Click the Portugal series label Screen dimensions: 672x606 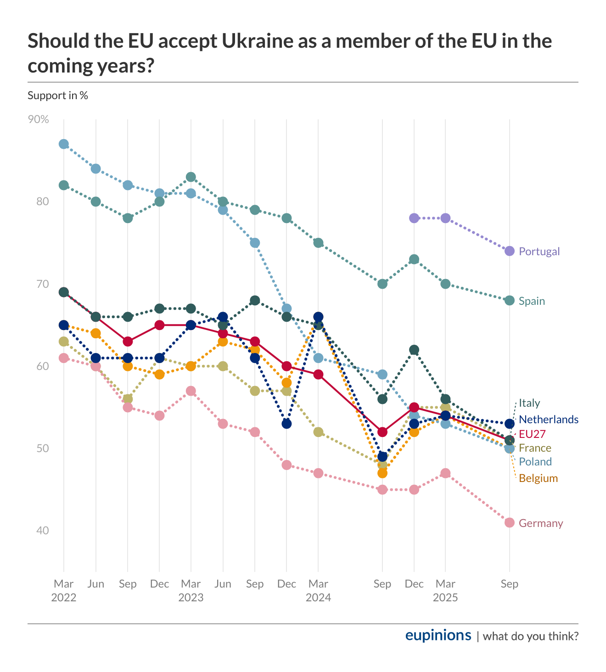tap(539, 252)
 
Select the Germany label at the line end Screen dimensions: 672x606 tap(540, 523)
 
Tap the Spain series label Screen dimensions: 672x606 tap(532, 301)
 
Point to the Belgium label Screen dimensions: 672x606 tap(538, 478)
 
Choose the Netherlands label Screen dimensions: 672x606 tap(549, 420)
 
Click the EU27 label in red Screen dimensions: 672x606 tap(532, 434)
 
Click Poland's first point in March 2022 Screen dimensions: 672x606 tap(64, 144)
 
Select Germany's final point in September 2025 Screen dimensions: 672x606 tap(509, 522)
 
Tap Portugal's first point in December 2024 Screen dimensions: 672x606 tap(414, 218)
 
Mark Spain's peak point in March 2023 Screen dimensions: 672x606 tap(191, 177)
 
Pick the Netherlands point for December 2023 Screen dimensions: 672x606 tap(286, 424)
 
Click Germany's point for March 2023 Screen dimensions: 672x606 tap(191, 391)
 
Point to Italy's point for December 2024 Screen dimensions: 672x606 tap(414, 350)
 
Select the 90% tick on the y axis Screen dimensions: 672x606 tap(39, 119)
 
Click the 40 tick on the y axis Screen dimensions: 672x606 tap(42, 531)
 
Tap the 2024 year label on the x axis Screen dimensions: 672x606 tap(318, 598)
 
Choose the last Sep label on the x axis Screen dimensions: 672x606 tap(509, 584)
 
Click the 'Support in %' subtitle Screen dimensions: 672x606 tap(58, 95)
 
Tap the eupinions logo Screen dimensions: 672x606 tap(438, 635)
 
